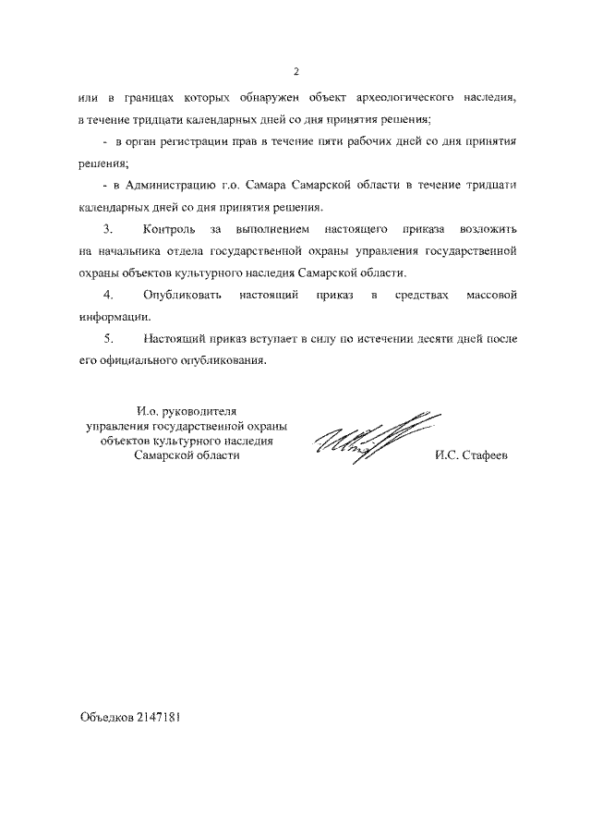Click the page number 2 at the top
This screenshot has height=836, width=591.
point(295,72)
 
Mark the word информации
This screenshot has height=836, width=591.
point(110,317)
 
